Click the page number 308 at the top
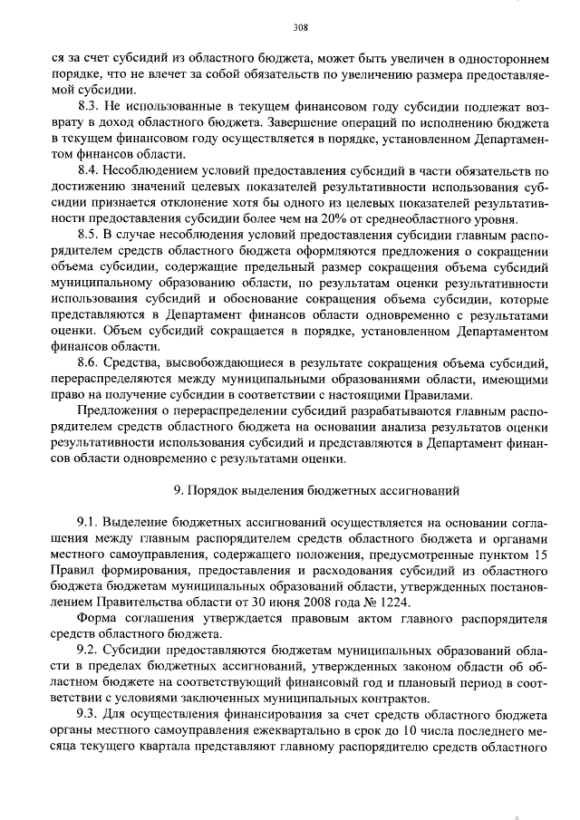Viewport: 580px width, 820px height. pos(290,26)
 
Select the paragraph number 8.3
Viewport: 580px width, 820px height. pos(90,106)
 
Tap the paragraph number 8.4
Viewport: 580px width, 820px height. pos(90,170)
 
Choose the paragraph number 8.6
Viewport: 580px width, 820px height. pos(90,362)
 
